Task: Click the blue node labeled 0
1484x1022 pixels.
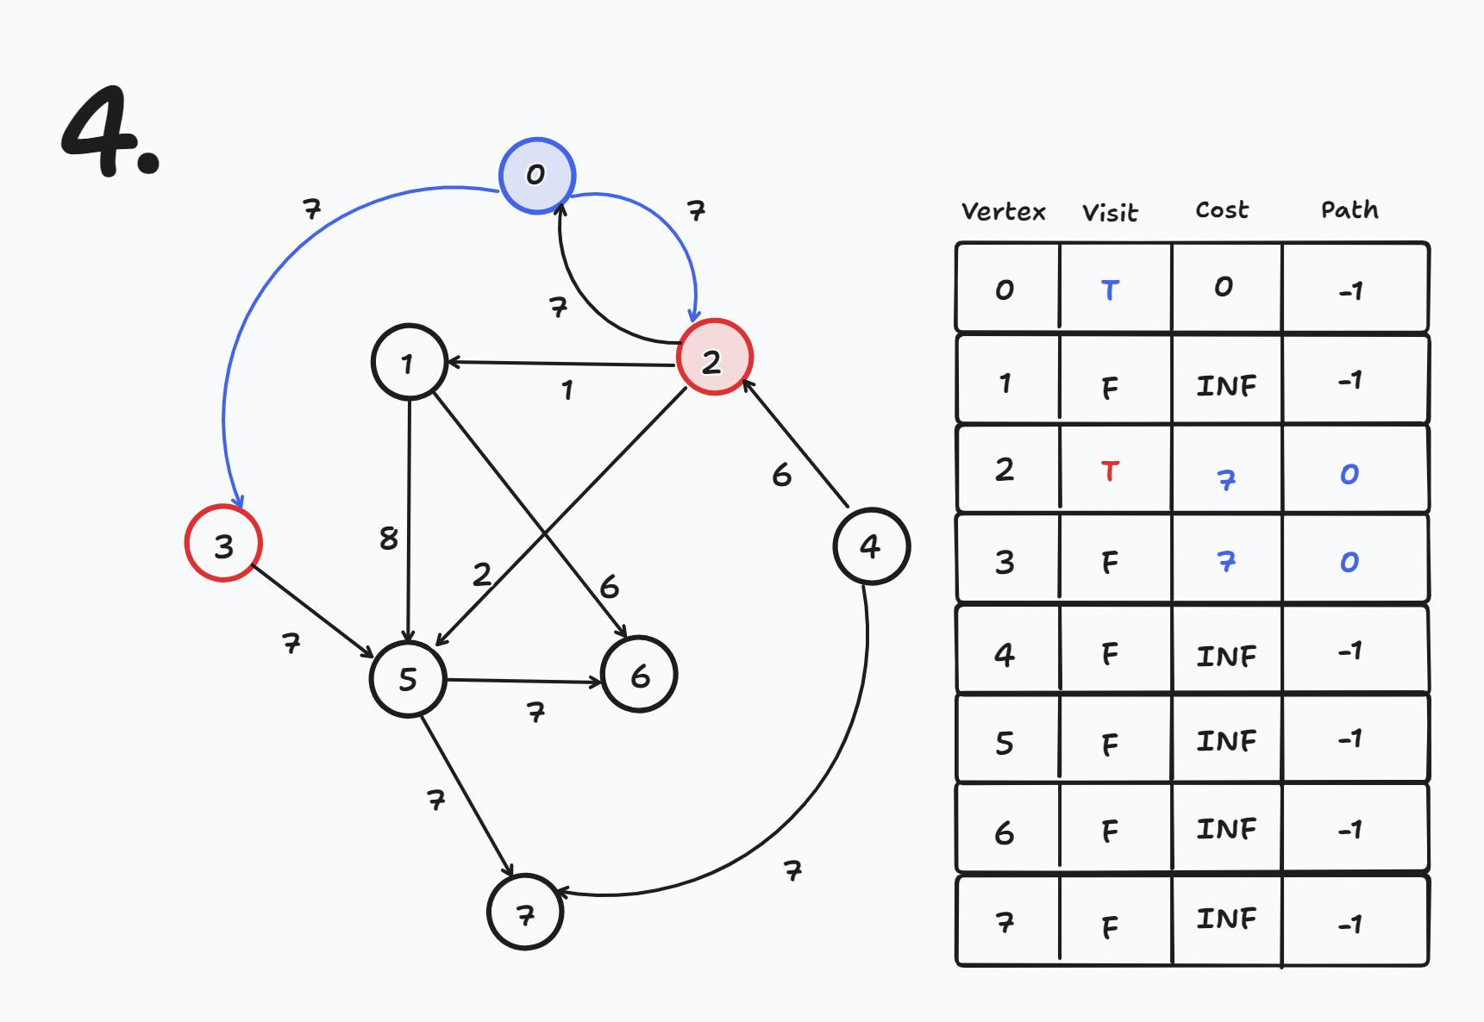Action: coord(536,175)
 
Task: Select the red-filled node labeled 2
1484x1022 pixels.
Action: coord(714,358)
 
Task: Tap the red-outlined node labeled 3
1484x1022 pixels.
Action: coord(223,544)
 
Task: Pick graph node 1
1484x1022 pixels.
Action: coord(409,362)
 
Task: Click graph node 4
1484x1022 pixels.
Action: coord(871,545)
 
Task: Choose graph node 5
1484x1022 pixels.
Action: coord(408,678)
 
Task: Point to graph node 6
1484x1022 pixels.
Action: coord(639,675)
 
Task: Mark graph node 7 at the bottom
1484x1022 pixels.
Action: coord(525,913)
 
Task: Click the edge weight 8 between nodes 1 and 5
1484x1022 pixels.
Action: coord(389,539)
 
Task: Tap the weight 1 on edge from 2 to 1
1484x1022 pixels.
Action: coord(567,390)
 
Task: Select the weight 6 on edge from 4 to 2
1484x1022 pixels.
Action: coord(781,475)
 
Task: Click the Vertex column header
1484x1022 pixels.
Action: coord(1003,212)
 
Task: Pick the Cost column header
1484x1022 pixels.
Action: coord(1221,210)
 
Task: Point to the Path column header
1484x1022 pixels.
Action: coord(1349,210)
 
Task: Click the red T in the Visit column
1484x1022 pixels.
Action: coord(1110,471)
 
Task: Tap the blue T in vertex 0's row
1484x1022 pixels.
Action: coord(1110,290)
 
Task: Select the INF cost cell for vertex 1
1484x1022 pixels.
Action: coord(1225,385)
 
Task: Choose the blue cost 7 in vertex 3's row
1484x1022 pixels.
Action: coord(1225,563)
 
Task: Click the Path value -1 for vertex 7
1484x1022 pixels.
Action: coord(1349,925)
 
